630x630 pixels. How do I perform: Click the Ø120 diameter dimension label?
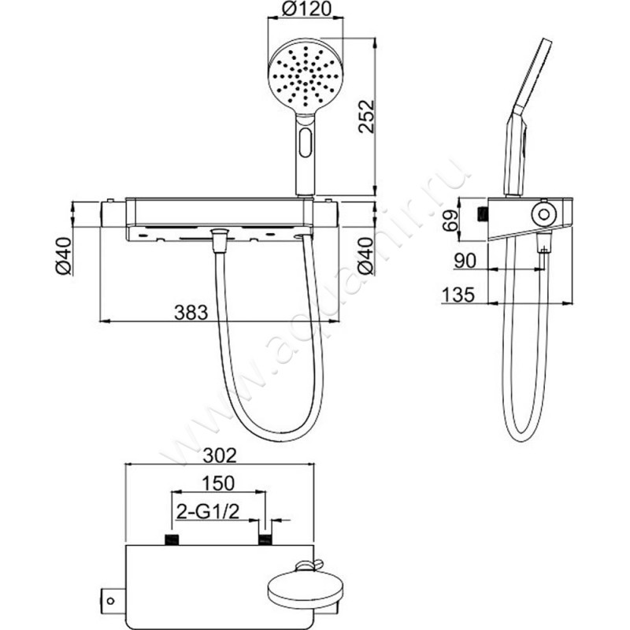coord(306,9)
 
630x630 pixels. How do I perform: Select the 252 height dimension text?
coord(366,116)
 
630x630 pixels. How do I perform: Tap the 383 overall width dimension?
coord(191,312)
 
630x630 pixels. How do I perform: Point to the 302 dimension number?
coord(220,456)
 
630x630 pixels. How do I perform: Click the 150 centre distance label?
coord(218,483)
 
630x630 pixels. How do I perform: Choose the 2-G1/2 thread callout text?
coord(208,511)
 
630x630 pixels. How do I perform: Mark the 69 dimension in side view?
coord(450,220)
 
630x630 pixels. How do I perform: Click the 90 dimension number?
coord(465,261)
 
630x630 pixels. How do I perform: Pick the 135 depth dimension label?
coord(458,295)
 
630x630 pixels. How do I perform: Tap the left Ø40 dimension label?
coord(64,257)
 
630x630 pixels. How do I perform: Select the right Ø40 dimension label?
coord(365,257)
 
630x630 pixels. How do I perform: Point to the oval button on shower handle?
coord(306,143)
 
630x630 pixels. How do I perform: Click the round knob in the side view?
coord(543,213)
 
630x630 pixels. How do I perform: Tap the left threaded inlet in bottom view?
coord(172,539)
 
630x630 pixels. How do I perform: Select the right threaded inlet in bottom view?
coord(265,539)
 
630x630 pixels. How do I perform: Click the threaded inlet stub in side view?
coord(482,213)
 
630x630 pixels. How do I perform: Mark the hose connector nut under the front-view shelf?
coord(219,240)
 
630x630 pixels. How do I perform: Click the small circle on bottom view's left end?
coord(111,601)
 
